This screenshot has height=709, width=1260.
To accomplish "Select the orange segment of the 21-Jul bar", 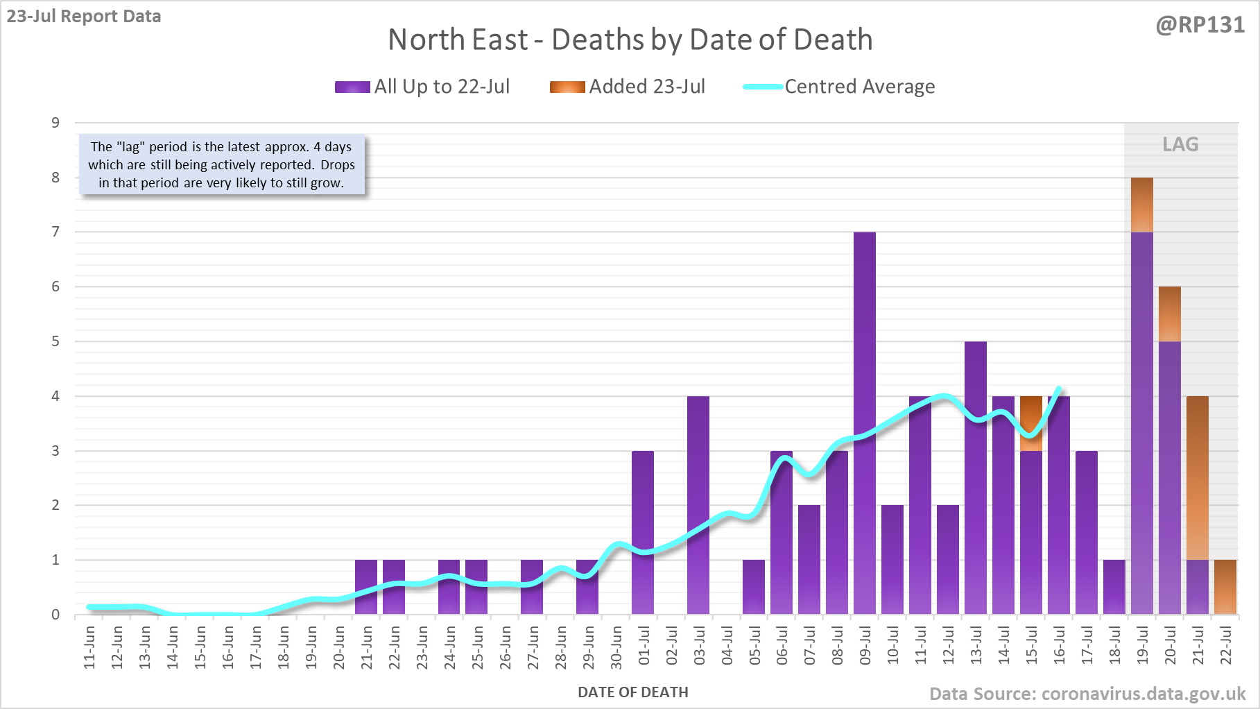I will click(1198, 479).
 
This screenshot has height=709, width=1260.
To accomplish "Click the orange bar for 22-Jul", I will click(1225, 587).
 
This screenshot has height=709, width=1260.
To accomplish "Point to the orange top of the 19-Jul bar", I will click(1142, 205).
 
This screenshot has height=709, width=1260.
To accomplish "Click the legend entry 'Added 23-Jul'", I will click(628, 87).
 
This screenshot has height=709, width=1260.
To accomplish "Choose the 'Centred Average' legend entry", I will click(839, 87).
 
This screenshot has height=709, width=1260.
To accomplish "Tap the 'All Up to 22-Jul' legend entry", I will click(422, 87).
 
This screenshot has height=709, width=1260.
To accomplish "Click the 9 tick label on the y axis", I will click(55, 123).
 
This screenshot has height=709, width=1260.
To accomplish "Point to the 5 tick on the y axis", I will click(55, 341).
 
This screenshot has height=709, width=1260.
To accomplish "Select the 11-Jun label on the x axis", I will click(89, 648).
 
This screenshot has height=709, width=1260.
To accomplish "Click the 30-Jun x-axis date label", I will click(616, 648).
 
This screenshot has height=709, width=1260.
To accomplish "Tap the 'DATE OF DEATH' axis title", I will click(633, 692).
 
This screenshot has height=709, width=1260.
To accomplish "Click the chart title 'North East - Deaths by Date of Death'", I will click(630, 40).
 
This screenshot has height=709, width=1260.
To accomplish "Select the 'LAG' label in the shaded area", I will click(1180, 144).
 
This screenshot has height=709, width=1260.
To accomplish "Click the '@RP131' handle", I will click(1200, 25).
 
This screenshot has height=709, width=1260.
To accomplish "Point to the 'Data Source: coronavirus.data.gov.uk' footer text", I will click(1087, 694).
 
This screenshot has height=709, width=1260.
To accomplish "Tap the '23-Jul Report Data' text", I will click(84, 16).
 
